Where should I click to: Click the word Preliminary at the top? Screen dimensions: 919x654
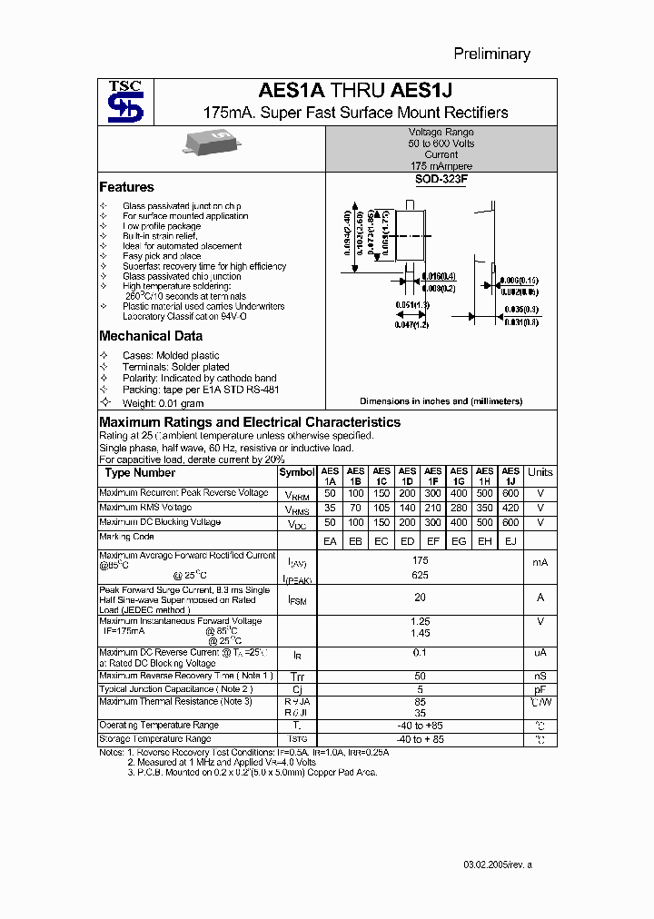[x=491, y=54]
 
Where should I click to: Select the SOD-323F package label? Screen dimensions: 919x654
[x=441, y=180]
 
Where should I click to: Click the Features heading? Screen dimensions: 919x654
[x=126, y=187]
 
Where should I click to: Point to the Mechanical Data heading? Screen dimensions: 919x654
[x=150, y=336]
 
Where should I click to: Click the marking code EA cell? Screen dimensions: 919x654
[x=329, y=542]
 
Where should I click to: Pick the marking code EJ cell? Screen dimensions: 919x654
[x=510, y=542]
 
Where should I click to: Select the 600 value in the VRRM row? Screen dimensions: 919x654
[x=510, y=493]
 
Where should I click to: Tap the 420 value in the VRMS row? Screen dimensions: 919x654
[x=510, y=509]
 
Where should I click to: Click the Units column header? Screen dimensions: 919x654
[x=540, y=472]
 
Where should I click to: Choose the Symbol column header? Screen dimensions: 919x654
[x=296, y=472]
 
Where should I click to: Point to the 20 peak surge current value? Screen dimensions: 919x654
[x=420, y=598]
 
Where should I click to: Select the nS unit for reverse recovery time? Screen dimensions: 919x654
[x=540, y=677]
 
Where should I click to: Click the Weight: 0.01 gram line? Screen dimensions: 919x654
[x=163, y=402]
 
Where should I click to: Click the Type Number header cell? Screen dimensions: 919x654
[x=140, y=472]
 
